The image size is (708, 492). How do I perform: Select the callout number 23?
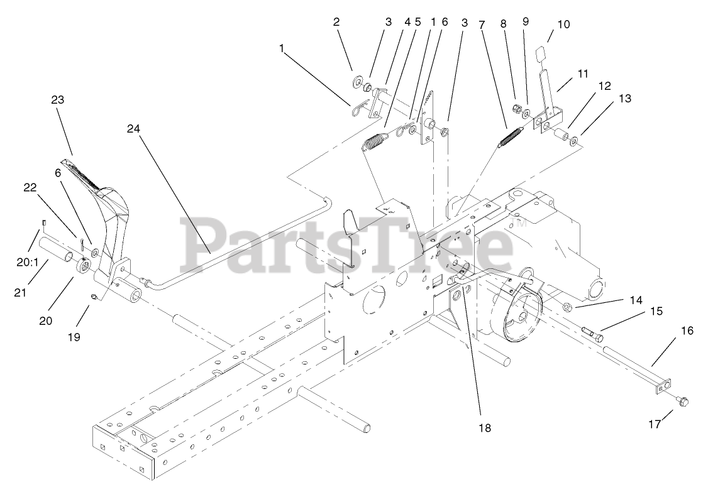point(58,100)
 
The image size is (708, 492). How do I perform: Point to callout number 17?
point(656,424)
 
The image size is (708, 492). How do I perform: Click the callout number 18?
point(484,428)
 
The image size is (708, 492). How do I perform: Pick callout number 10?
point(563,25)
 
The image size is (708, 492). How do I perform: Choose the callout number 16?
point(687,331)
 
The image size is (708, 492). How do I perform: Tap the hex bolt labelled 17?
point(683,400)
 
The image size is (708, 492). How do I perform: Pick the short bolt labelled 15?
point(593,334)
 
